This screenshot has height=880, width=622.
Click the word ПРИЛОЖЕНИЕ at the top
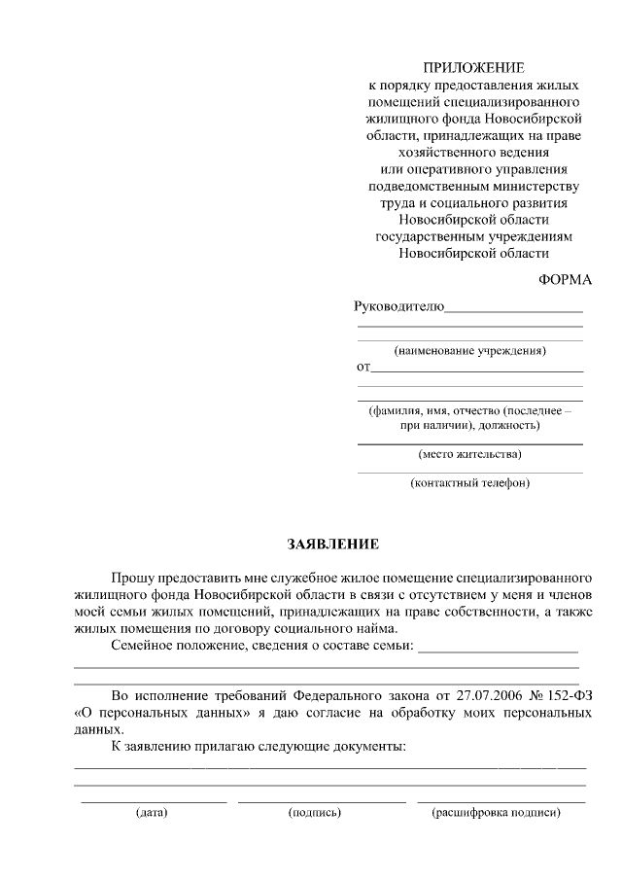[x=473, y=67]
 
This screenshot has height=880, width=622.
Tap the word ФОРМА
[x=565, y=279]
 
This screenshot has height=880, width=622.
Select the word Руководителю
[x=398, y=307]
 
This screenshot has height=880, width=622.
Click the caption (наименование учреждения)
[x=470, y=350]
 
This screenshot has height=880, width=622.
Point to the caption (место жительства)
[x=470, y=454]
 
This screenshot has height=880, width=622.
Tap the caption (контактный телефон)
[x=470, y=482]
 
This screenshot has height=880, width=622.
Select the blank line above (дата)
[x=154, y=801]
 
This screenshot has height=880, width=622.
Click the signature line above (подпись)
[x=321, y=801]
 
